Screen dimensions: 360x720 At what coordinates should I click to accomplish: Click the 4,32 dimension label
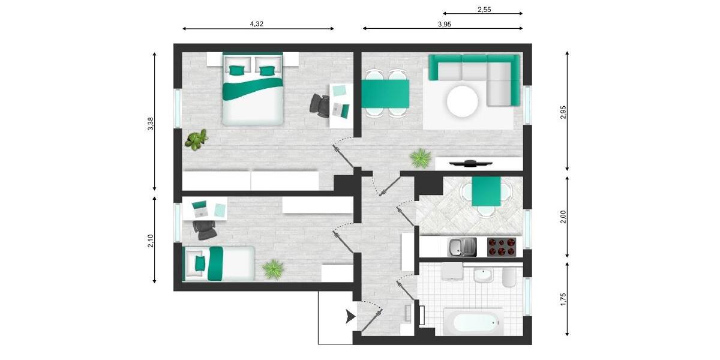[x=256, y=24]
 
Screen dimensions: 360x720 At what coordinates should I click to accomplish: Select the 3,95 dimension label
[x=444, y=24]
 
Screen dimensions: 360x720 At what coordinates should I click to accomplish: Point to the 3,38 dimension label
[x=151, y=124]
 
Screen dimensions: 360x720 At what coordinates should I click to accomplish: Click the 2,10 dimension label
[x=151, y=241]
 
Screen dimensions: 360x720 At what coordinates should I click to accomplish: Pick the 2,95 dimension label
[x=563, y=112]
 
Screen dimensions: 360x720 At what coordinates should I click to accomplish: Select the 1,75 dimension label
[x=563, y=299]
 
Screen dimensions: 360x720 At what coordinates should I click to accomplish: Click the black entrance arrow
[x=349, y=317]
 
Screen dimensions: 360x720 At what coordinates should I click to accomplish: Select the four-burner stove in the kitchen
[x=501, y=247]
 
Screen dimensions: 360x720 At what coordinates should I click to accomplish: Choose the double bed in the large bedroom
[x=253, y=89]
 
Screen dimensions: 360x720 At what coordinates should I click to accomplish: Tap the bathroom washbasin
[x=482, y=276]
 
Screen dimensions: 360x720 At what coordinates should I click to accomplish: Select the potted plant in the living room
[x=420, y=158]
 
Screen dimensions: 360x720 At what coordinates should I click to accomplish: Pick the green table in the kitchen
[x=486, y=192]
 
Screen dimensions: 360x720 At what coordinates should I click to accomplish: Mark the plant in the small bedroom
[x=274, y=268]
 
